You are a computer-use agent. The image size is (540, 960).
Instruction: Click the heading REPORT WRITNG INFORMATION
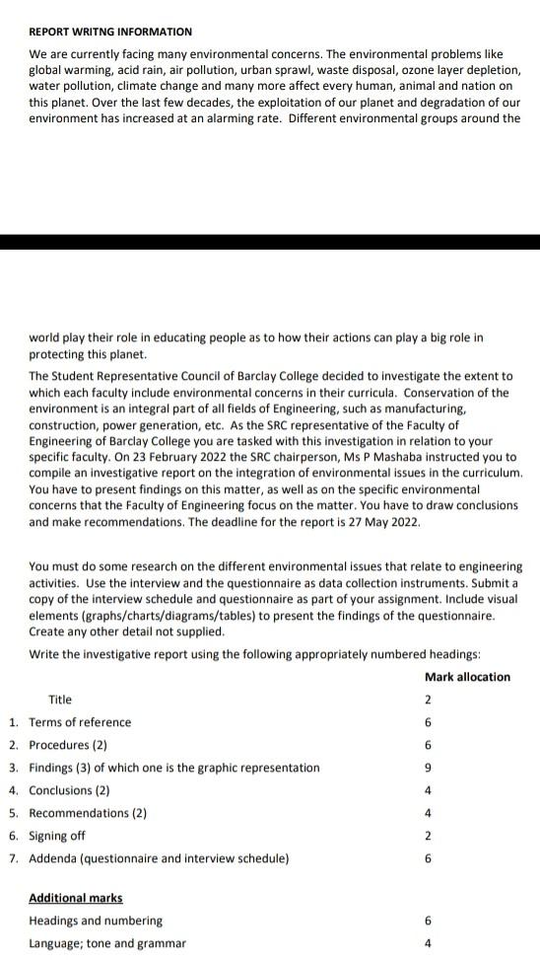point(110,33)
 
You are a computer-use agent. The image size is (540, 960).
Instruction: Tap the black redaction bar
point(270,242)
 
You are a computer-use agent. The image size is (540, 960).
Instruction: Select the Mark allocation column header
point(467,677)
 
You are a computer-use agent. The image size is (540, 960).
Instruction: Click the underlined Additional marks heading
point(76,898)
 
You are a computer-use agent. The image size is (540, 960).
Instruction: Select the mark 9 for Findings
point(428,768)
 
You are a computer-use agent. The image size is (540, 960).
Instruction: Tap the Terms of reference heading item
point(80,722)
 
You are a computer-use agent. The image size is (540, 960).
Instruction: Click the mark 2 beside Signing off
point(428,836)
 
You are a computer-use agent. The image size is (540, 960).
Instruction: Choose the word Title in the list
point(60,700)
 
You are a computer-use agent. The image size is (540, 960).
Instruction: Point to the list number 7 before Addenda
point(13,858)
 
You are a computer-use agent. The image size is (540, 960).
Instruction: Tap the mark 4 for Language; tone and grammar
point(428,943)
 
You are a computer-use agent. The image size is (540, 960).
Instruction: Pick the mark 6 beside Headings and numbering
point(428,921)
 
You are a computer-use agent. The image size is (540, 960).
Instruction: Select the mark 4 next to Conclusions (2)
point(428,790)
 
